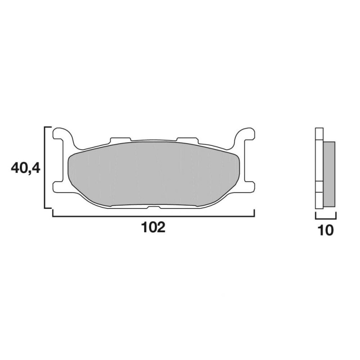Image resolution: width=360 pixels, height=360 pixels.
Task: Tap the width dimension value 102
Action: [153, 228]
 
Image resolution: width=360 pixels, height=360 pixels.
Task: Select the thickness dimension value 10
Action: [326, 230]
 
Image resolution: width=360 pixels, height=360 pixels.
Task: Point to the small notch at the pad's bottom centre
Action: [154, 207]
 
